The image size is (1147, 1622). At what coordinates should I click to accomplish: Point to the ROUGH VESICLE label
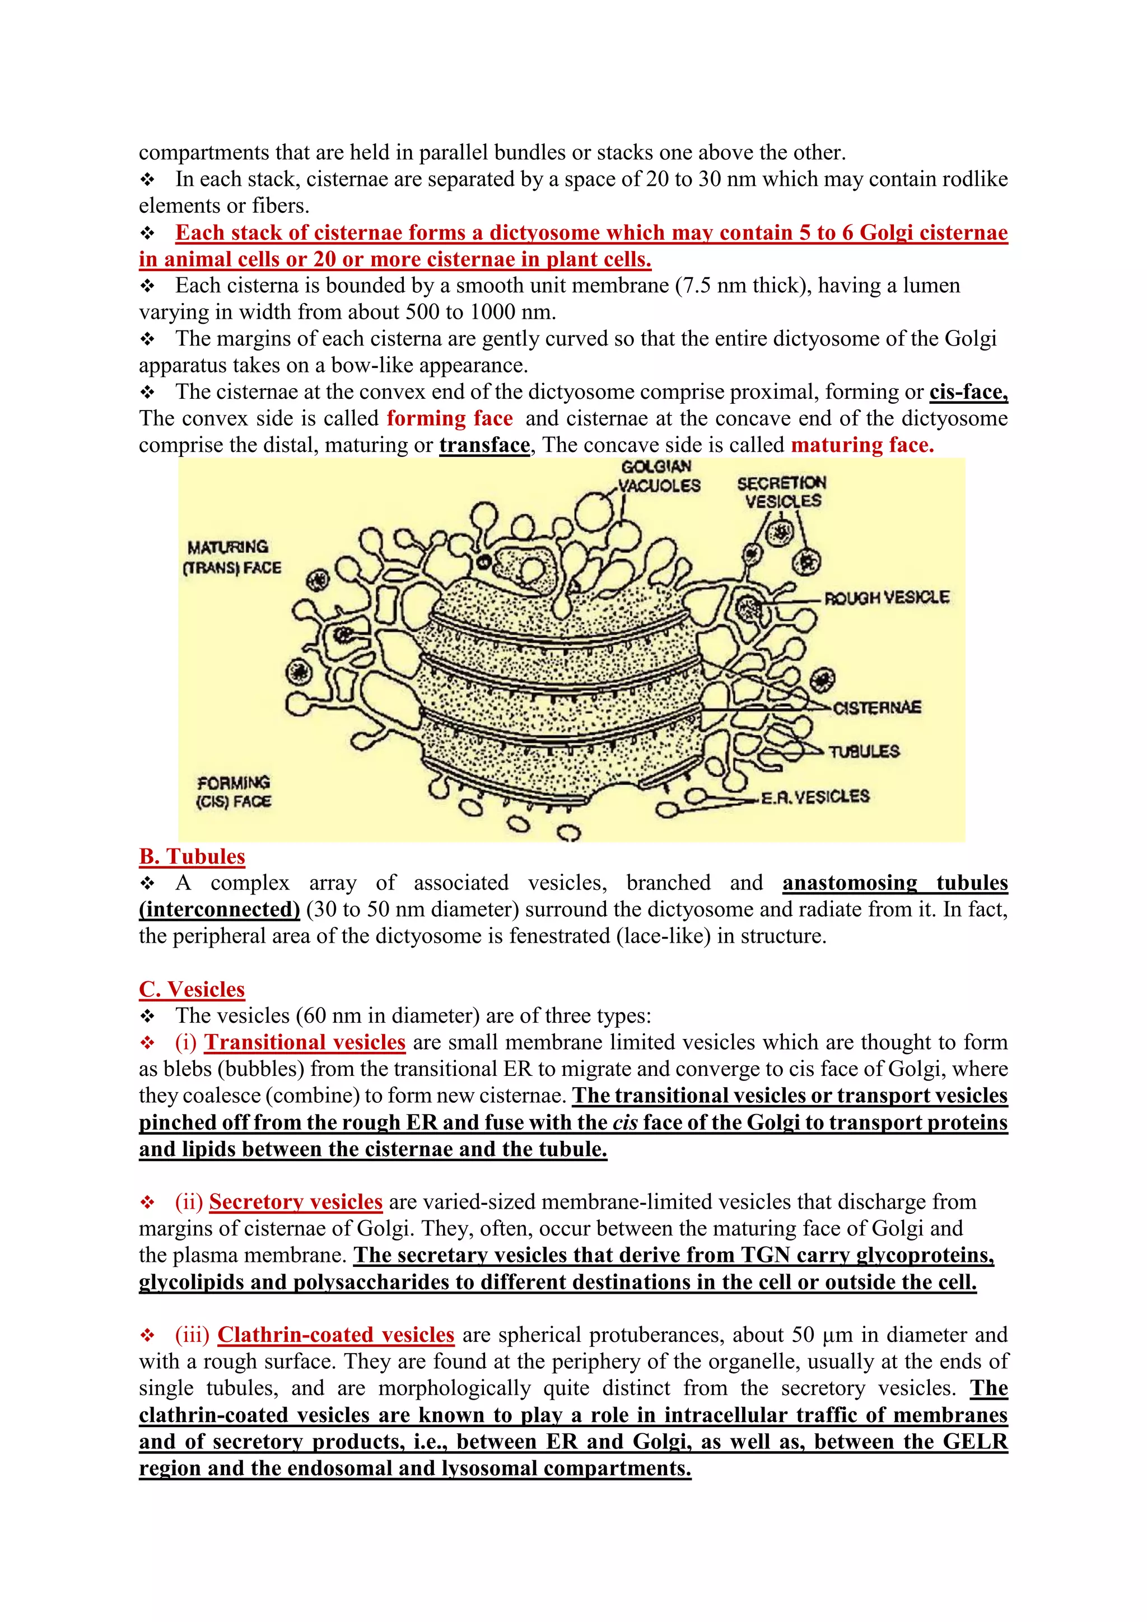[x=887, y=598]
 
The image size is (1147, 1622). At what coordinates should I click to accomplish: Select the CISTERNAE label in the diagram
[x=877, y=707]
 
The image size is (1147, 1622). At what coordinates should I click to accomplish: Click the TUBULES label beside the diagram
[x=864, y=751]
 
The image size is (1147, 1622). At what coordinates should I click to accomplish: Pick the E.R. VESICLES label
[x=815, y=797]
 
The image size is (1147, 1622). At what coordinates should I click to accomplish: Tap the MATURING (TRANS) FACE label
[x=232, y=557]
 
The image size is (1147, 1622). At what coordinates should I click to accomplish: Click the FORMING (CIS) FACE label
[x=234, y=792]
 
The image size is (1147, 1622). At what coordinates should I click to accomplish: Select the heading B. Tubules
[x=192, y=856]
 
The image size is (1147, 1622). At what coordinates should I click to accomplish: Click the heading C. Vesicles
[x=192, y=989]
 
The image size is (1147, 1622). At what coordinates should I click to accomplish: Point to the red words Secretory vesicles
[x=295, y=1202]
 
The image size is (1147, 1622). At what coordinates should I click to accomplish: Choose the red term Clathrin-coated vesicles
[x=335, y=1335]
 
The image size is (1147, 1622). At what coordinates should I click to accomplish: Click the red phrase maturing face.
[x=862, y=445]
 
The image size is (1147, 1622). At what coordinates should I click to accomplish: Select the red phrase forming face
[x=449, y=418]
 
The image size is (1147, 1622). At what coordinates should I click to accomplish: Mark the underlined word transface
[x=484, y=445]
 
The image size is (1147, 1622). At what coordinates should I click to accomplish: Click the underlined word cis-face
[x=968, y=392]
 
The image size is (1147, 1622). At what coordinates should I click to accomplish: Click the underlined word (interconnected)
[x=220, y=909]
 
